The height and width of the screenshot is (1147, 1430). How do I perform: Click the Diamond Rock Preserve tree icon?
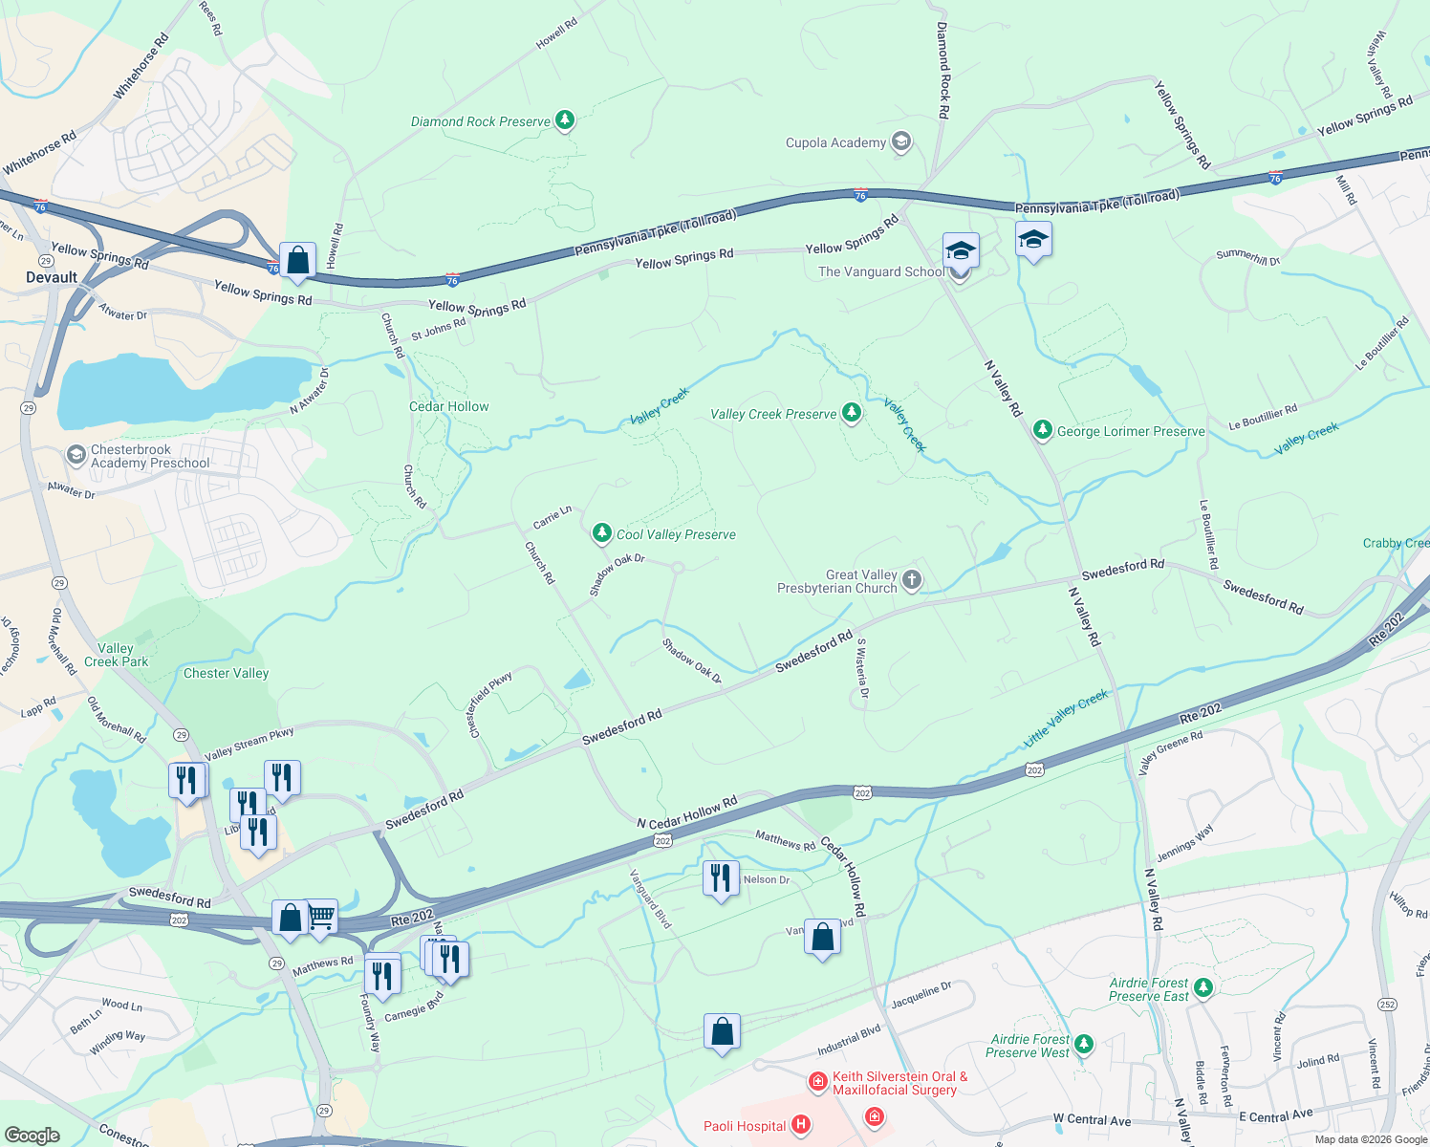[x=565, y=119]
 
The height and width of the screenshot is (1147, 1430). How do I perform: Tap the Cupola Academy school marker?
[x=899, y=142]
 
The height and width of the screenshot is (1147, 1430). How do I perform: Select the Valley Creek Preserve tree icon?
[x=851, y=413]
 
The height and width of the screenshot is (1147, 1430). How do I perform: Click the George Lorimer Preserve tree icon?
[x=1043, y=430]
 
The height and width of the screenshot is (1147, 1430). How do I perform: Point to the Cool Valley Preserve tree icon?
[x=601, y=533]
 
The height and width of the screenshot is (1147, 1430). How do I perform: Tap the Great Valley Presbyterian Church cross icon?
[x=912, y=580]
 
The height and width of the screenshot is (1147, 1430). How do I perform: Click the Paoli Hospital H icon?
[x=801, y=1125]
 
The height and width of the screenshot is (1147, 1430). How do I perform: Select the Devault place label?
[x=52, y=277]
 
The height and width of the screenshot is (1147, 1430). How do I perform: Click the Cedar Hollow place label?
[x=448, y=406]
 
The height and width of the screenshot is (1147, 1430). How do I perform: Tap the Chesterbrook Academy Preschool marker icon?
[x=76, y=456]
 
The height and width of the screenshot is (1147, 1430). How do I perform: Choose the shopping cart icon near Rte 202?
[x=321, y=917]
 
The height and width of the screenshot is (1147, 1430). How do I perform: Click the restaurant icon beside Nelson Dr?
[x=721, y=877]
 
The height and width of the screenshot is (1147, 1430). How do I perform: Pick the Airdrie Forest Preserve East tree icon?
[x=1203, y=988]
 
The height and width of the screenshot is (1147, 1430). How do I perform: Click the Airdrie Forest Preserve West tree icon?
[x=1083, y=1044]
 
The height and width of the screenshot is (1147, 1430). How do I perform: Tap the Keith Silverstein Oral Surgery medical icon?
[x=817, y=1082]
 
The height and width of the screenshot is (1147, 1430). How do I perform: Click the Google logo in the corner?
[x=32, y=1135]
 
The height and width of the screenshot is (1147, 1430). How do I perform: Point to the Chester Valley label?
[x=226, y=673]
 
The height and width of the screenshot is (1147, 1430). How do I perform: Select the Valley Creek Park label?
[x=116, y=655]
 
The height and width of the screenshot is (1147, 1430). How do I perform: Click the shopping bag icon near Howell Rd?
[x=297, y=261]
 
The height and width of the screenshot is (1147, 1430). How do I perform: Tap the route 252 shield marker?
[x=1387, y=1004]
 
